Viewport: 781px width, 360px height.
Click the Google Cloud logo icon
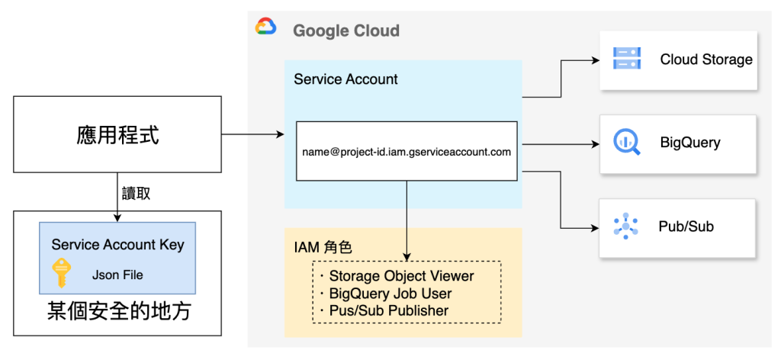265,28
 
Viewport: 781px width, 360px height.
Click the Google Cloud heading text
346,31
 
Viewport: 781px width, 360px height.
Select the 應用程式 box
117,135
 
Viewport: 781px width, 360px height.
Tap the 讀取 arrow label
136,194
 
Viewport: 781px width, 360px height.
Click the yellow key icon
61,272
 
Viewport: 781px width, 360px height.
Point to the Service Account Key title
117,245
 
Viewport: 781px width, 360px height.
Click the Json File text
117,275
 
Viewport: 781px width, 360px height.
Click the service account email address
406,152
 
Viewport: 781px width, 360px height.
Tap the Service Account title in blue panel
346,79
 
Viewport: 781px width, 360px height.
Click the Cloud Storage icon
626,59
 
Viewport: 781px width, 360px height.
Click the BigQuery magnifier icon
626,143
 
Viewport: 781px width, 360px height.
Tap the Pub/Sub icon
626,227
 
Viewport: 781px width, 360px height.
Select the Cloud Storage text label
706,59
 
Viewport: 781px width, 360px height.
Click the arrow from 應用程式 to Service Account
252,135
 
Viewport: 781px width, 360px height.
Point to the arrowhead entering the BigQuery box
594,143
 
